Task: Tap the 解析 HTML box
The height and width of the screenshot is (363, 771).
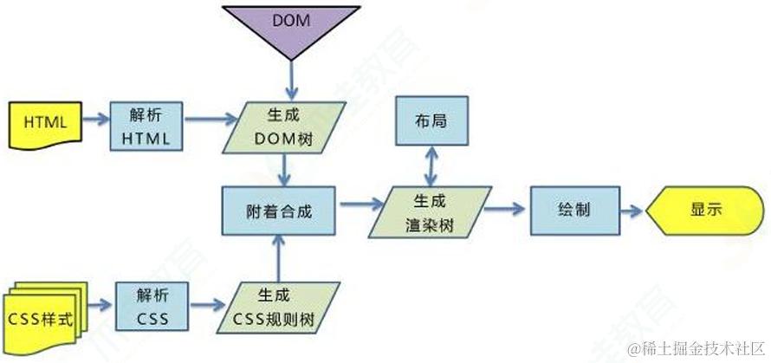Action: (x=146, y=126)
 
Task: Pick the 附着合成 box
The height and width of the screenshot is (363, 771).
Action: (x=279, y=210)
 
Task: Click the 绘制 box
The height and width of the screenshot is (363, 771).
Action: (x=574, y=211)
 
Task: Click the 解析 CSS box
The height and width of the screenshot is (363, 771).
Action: (x=146, y=304)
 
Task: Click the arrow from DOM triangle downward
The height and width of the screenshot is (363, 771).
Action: (x=290, y=78)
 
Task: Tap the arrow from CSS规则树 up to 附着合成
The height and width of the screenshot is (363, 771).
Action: (x=277, y=257)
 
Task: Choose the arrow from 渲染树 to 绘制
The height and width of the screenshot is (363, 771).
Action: (x=506, y=211)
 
